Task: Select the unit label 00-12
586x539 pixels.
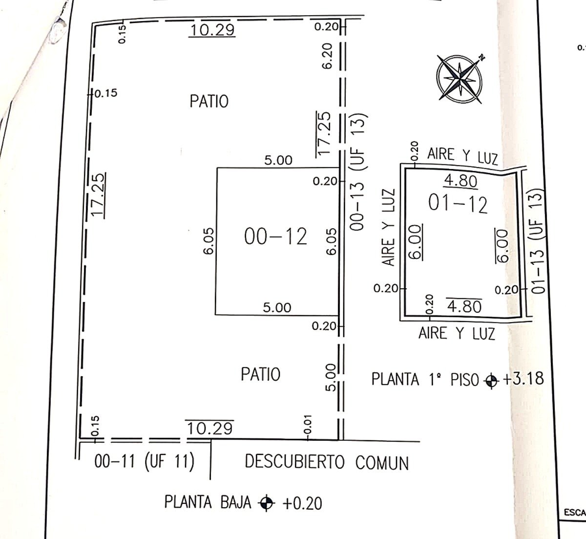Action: pos(275,237)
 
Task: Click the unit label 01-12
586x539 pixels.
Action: pos(458,204)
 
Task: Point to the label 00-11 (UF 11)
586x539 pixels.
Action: pos(145,462)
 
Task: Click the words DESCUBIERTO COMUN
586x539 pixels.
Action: pos(327,462)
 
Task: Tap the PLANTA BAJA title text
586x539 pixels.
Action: pos(208,502)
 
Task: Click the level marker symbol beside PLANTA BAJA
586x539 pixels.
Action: pos(266,503)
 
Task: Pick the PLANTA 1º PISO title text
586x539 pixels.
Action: pos(425,380)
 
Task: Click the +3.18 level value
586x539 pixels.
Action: pos(523,378)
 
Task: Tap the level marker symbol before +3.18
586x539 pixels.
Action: pos(491,381)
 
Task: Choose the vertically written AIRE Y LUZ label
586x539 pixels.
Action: pos(389,227)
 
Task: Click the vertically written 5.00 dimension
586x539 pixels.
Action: pos(331,378)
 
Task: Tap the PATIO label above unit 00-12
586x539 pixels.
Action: pos(209,102)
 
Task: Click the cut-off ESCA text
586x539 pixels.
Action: pos(575,521)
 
